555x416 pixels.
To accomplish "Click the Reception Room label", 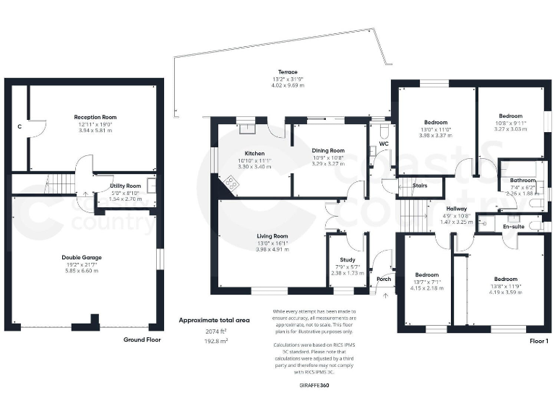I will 95,117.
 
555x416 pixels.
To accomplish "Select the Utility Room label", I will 125,186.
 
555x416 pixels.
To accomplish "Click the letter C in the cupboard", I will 19,126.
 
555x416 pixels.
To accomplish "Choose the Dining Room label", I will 327,149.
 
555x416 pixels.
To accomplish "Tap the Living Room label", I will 272,235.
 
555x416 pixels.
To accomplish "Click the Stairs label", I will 419,186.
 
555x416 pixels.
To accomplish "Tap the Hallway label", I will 456,209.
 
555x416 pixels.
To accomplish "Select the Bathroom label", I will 522,181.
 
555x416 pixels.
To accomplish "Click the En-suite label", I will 513,227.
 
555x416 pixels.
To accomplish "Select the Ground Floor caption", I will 142,339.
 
